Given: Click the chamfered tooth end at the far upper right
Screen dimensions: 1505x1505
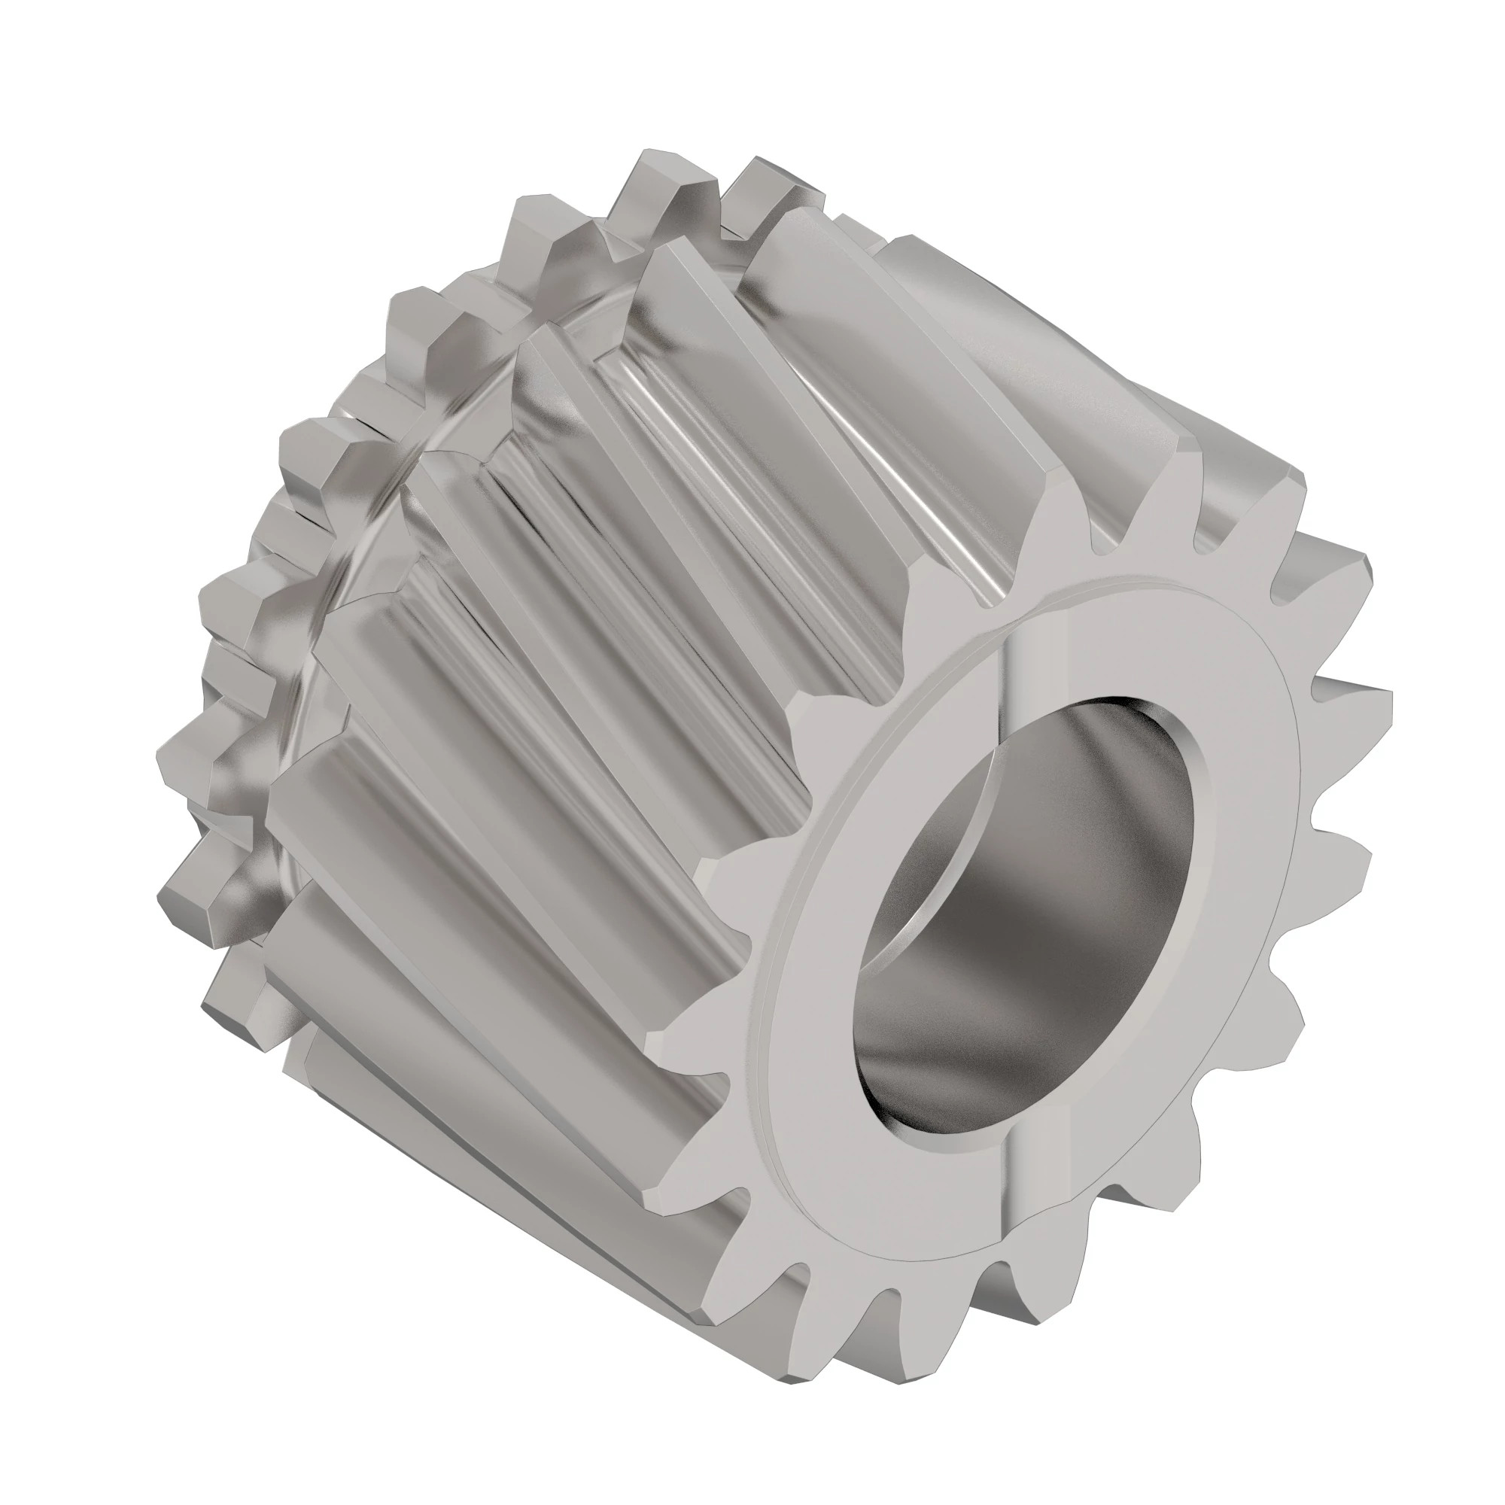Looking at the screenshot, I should [x=1285, y=499].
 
